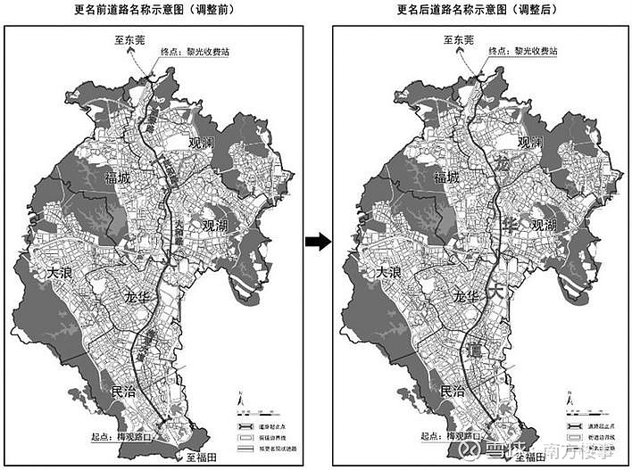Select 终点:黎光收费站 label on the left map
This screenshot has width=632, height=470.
195,54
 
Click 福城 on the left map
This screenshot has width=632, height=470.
117,178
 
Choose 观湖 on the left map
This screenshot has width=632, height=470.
216,226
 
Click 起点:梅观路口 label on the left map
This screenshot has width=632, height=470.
129,438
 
